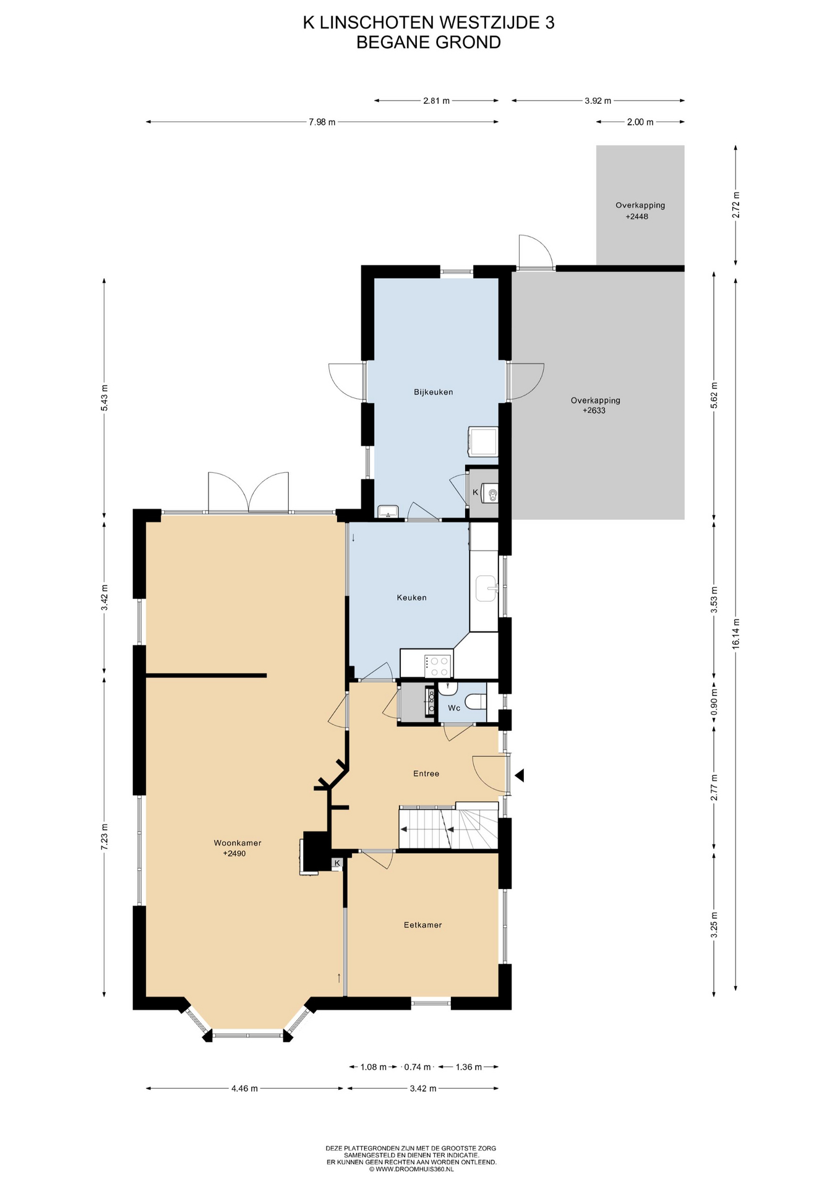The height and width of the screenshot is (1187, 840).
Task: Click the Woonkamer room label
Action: (x=238, y=843)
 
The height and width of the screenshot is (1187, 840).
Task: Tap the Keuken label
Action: (x=411, y=597)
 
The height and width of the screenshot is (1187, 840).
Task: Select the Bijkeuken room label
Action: (x=433, y=392)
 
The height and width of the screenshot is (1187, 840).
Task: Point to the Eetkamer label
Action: (x=422, y=925)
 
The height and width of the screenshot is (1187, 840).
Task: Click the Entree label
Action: (x=426, y=773)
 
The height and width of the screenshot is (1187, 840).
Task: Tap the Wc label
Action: (x=454, y=708)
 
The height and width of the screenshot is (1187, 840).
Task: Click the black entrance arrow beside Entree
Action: (x=520, y=775)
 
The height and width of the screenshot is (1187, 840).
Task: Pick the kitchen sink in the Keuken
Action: (x=487, y=588)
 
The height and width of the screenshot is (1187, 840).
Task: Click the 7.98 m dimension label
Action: (x=322, y=122)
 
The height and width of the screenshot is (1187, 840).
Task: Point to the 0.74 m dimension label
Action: (x=418, y=1066)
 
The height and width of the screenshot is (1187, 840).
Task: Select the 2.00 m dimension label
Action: (x=640, y=122)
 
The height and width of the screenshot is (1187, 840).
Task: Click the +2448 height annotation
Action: (x=636, y=217)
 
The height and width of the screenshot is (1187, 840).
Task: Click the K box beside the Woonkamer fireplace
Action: (x=337, y=862)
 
